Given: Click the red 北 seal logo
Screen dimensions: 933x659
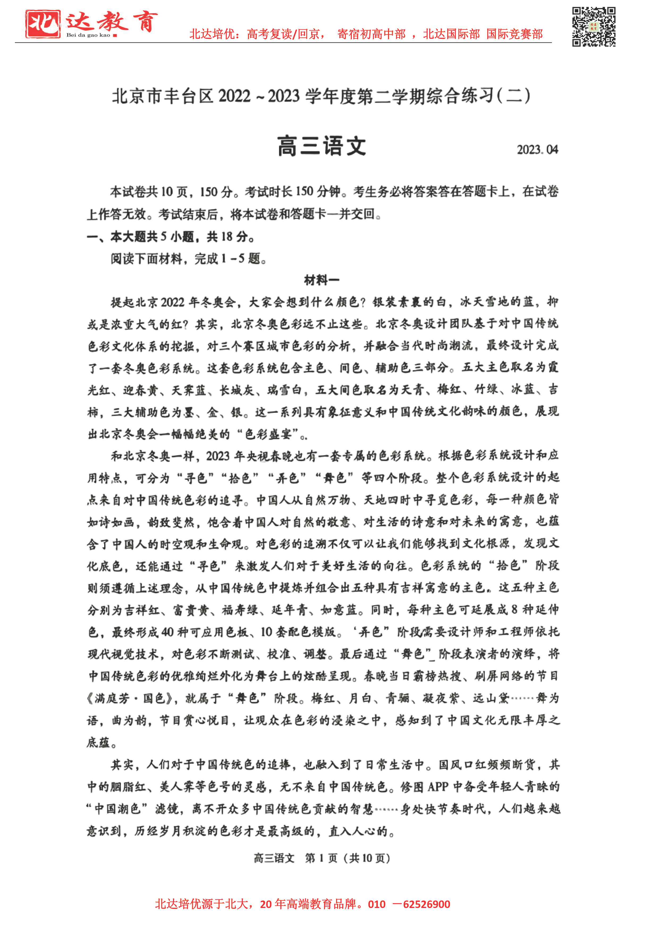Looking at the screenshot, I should point(43,24).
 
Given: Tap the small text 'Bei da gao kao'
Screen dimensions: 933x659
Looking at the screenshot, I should point(88,35).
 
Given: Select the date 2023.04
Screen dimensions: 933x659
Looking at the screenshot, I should point(537,149).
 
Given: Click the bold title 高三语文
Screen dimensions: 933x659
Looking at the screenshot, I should point(322,146).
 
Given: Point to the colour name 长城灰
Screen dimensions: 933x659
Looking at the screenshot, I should point(237,390).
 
